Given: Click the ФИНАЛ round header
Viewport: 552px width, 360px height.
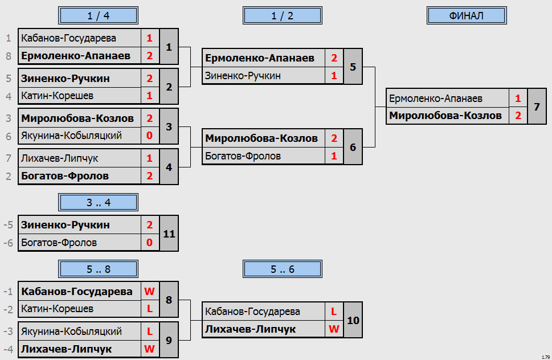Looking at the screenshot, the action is pyautogui.click(x=467, y=15).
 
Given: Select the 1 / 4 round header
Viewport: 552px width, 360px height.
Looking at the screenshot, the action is pyautogui.click(x=98, y=15).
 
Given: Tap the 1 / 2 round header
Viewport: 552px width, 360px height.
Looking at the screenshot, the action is pyautogui.click(x=283, y=15).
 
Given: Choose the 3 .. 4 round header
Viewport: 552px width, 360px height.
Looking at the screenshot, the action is pyautogui.click(x=98, y=202).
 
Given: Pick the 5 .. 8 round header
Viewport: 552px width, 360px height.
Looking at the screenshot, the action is pyautogui.click(x=98, y=269).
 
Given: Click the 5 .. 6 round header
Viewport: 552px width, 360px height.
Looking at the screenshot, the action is pyautogui.click(x=283, y=269).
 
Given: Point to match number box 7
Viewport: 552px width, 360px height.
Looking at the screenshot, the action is pyautogui.click(x=537, y=107).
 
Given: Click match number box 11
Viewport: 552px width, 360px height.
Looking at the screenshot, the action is pyautogui.click(x=169, y=234).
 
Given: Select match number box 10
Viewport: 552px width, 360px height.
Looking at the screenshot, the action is pyautogui.click(x=353, y=320).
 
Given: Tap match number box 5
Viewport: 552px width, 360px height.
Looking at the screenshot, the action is pyautogui.click(x=353, y=67).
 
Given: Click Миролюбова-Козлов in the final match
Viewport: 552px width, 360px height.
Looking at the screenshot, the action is pyautogui.click(x=445, y=116).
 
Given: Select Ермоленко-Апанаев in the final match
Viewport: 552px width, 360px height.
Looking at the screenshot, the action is pyautogui.click(x=435, y=99).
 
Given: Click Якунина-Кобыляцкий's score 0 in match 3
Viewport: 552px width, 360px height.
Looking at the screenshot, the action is pyautogui.click(x=150, y=136).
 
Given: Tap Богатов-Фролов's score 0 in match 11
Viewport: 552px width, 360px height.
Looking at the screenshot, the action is pyautogui.click(x=150, y=243).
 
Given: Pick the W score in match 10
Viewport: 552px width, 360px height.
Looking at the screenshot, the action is pyautogui.click(x=334, y=329).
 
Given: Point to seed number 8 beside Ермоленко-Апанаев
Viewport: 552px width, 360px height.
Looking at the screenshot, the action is pyautogui.click(x=9, y=56).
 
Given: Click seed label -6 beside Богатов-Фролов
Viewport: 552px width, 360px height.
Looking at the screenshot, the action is pyautogui.click(x=8, y=243).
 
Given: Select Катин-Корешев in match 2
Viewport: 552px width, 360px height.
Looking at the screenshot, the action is pyautogui.click(x=57, y=95).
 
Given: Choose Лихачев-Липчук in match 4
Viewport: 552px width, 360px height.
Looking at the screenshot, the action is pyautogui.click(x=59, y=158).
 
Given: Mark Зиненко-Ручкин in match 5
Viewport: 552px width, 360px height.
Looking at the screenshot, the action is pyautogui.click(x=243, y=76).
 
